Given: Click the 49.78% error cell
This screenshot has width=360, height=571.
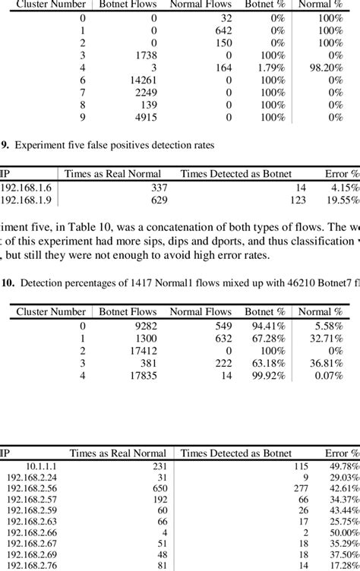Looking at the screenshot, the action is coord(343,465).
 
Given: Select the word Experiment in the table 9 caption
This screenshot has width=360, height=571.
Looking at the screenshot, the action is coord(38,143).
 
